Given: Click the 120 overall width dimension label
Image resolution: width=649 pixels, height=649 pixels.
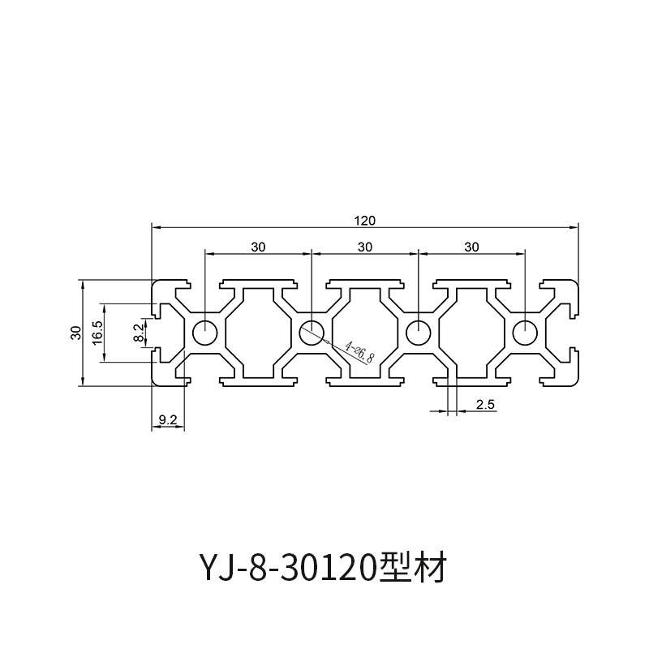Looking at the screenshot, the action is (x=365, y=220).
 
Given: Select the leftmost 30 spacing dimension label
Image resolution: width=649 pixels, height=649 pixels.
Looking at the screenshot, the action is (x=258, y=246).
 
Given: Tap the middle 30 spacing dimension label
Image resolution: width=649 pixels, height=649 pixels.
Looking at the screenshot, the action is (x=365, y=246).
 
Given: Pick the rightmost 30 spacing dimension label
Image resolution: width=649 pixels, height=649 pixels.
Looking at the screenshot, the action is (x=471, y=246).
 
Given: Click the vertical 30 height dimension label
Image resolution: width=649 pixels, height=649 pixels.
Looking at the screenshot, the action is (x=75, y=332).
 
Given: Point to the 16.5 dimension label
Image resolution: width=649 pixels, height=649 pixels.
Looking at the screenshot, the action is (x=97, y=332).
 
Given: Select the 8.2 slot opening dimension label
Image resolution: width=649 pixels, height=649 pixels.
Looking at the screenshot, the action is (x=138, y=332).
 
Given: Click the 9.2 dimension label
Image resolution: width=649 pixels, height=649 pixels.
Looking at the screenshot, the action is (x=168, y=419).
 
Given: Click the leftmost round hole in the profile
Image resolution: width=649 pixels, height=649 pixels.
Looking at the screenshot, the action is (x=204, y=332).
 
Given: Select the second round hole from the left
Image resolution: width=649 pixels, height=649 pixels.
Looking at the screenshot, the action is (x=312, y=332).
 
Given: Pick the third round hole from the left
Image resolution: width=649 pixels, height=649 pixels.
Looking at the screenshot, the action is (x=418, y=332).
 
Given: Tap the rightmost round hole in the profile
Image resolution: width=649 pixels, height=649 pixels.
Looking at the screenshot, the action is (x=525, y=332).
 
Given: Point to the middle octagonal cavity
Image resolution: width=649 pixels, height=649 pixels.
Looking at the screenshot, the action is (x=365, y=332).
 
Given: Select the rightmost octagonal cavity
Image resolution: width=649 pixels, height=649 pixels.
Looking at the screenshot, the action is (x=471, y=332).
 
